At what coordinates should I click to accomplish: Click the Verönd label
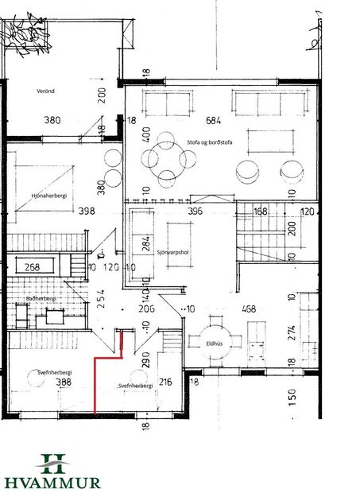45,91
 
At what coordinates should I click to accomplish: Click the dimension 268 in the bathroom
33,267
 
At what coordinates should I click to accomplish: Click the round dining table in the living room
168,158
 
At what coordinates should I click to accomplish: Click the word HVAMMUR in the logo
53,481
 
